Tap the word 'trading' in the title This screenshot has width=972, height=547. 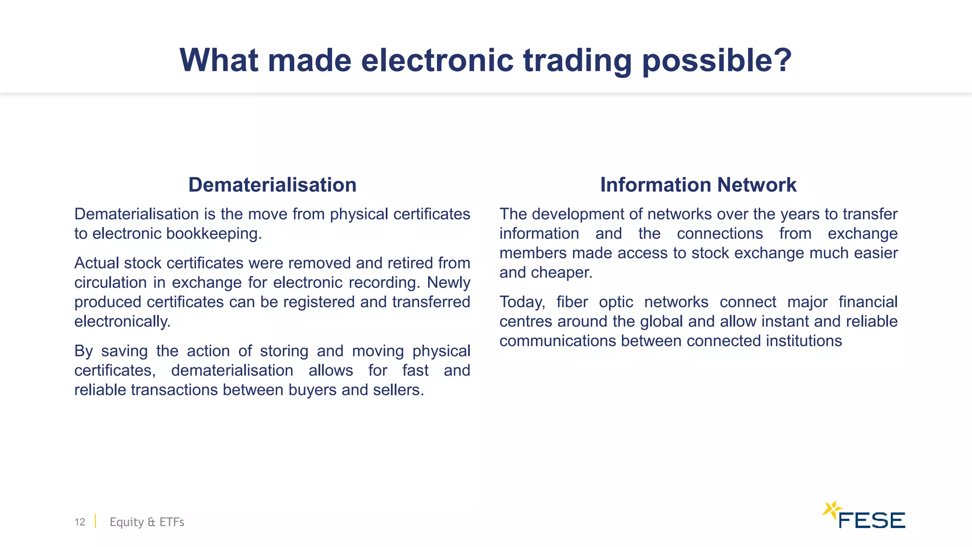pyautogui.click(x=577, y=60)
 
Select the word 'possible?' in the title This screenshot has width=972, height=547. pyautogui.click(x=717, y=60)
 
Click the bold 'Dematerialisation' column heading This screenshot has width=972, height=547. pyautogui.click(x=272, y=185)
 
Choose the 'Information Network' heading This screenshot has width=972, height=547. pyautogui.click(x=698, y=185)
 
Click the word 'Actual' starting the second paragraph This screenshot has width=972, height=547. pyautogui.click(x=96, y=263)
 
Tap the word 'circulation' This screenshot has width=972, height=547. pyautogui.click(x=111, y=283)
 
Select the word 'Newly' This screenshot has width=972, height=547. pyautogui.click(x=449, y=283)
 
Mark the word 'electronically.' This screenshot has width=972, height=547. pyautogui.click(x=122, y=321)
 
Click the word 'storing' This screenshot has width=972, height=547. pyautogui.click(x=284, y=351)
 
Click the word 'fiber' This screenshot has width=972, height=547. pyautogui.click(x=572, y=302)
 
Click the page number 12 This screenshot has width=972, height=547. pyautogui.click(x=80, y=522)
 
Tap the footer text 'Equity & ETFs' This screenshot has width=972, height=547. pyautogui.click(x=147, y=522)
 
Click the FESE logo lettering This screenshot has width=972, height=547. pyautogui.click(x=872, y=520)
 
